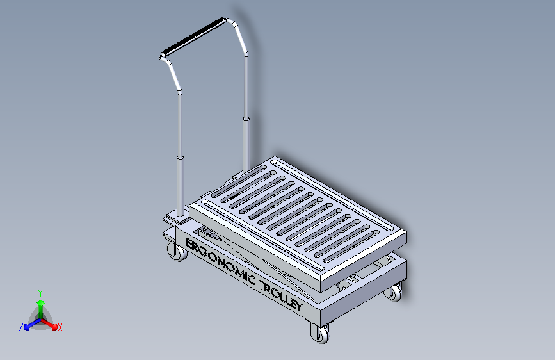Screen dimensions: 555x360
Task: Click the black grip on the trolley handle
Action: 193,37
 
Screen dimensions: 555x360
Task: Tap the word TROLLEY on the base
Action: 281,295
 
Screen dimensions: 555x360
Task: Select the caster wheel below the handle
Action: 177,251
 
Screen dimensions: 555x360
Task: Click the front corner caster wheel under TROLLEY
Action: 319,333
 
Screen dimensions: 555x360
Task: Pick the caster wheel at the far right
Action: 394,293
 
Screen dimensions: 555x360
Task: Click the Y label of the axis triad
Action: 40,293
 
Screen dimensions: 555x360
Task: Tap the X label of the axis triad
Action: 60,328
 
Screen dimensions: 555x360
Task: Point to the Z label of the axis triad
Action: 21,327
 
